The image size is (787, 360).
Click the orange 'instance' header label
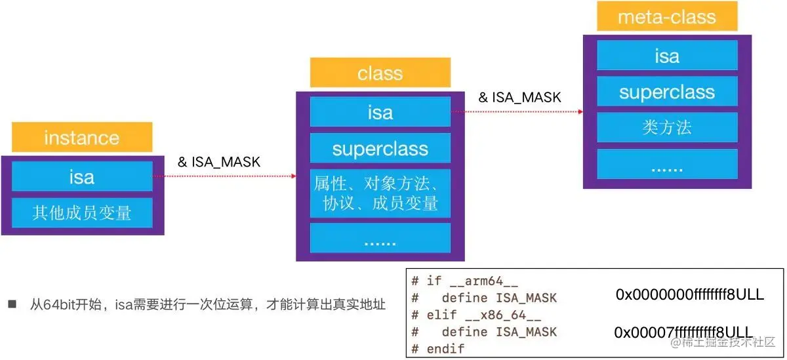point(81,138)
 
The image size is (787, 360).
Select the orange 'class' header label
point(380,73)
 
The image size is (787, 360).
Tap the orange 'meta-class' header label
point(666,17)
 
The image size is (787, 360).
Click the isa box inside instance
point(81,176)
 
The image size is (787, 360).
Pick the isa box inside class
point(380,112)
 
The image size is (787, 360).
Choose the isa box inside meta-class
point(666,55)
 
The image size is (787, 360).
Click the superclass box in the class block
point(380,148)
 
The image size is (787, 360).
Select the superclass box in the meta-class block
point(666,91)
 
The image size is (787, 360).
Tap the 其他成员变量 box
point(81,212)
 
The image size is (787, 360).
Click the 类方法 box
point(666,127)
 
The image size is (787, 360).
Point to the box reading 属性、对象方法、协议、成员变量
point(380,192)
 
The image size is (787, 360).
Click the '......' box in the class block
point(380,240)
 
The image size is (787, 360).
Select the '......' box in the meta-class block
point(666,167)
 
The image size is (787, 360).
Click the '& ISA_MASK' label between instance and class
point(219,162)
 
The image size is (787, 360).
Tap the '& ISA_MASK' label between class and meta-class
point(519,97)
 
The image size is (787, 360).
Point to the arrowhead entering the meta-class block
point(580,111)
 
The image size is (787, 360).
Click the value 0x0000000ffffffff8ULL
point(689,294)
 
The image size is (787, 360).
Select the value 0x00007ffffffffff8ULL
point(683,332)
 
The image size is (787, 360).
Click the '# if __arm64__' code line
point(464,281)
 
